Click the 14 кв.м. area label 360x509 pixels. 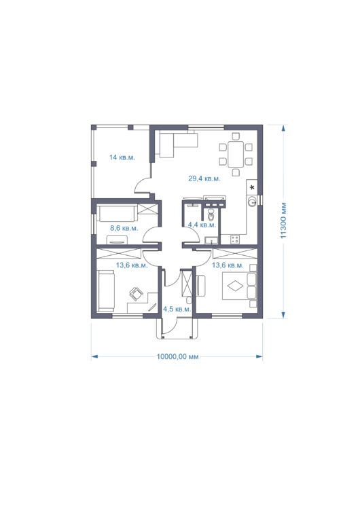tap(122, 157)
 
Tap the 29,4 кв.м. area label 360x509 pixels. tap(204, 178)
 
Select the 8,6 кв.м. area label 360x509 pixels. tap(124, 228)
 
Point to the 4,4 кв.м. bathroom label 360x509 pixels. tap(202, 225)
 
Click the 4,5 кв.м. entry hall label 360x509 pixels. tap(177, 309)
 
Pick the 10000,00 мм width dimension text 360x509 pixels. tap(177, 357)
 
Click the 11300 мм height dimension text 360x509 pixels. tap(283, 221)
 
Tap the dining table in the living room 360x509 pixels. tap(236, 154)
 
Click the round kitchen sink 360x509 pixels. tap(252, 202)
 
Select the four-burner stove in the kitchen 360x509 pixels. tap(235, 240)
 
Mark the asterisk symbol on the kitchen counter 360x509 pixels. tap(252, 187)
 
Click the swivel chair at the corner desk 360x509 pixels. tap(136, 294)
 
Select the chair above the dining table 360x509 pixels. tap(236, 136)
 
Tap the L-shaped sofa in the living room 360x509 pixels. tap(179, 144)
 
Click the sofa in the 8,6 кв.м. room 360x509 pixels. tap(117, 214)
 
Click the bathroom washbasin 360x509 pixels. tap(212, 240)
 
